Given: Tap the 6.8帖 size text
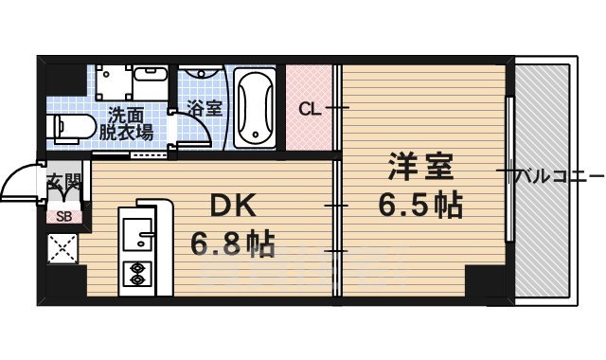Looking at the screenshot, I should coord(232,245).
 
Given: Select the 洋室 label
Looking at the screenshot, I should coord(420,168).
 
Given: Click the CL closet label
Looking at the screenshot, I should coord(309,108).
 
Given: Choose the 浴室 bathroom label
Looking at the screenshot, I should coord(205,108).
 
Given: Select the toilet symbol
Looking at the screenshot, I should coord(66,126).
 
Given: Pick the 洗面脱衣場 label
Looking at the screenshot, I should coord(126,123).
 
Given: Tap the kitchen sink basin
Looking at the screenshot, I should coord(136,230).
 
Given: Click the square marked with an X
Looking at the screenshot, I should coord(63,251).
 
